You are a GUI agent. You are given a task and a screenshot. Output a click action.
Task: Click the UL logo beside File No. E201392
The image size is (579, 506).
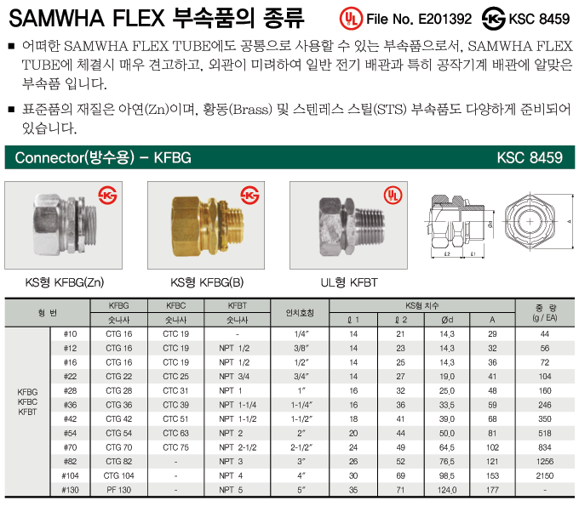[x=351, y=19]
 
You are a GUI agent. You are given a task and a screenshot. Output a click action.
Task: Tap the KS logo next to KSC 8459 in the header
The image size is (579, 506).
[x=494, y=19]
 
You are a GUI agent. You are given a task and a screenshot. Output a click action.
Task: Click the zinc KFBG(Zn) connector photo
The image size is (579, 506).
[x=65, y=225]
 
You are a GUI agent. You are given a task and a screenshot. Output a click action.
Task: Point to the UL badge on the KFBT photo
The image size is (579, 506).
[x=393, y=195]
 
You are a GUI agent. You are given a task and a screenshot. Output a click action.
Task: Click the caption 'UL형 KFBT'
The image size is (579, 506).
[x=349, y=283]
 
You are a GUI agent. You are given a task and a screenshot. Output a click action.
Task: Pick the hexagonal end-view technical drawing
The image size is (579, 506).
[x=530, y=222]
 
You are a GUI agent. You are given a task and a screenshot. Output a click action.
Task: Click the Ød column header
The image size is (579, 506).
[x=447, y=320]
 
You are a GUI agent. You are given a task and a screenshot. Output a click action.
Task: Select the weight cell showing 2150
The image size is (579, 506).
[x=545, y=475]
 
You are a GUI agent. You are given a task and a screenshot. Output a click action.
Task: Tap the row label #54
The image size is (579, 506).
[x=70, y=434]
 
